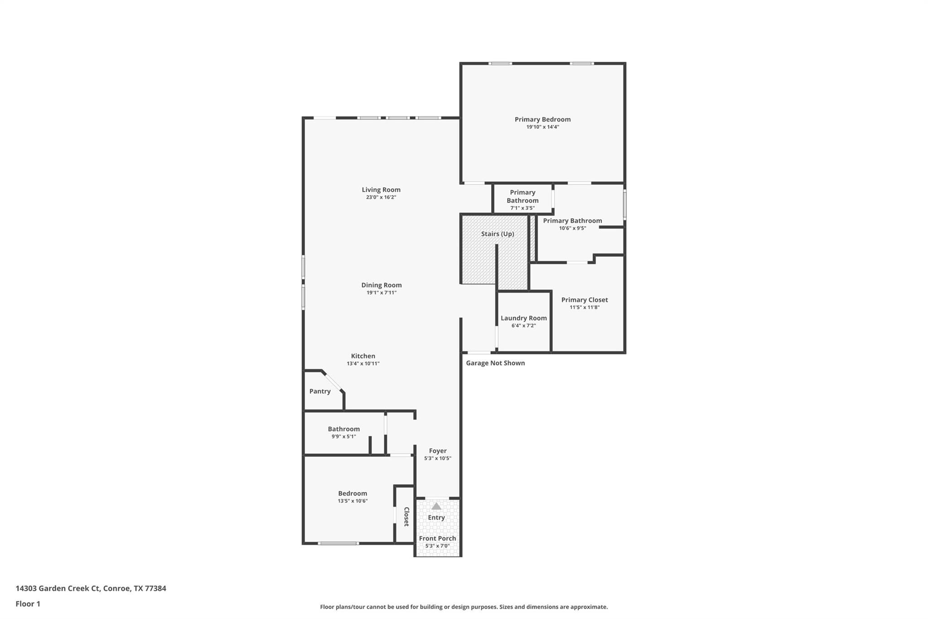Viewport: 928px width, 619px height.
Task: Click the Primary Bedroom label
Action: (542, 119)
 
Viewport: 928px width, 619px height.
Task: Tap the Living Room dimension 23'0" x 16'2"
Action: (381, 197)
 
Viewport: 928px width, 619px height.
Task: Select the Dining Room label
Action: (381, 285)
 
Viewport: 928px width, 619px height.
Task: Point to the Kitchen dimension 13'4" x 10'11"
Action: (363, 363)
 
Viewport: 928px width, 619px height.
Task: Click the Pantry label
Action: (319, 391)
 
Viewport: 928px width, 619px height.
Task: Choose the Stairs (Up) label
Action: (497, 234)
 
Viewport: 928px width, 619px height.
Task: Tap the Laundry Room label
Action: (523, 318)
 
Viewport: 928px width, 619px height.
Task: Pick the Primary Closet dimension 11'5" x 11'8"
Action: (585, 307)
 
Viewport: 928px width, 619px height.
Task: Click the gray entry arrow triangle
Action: (436, 506)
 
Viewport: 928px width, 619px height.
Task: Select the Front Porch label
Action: (437, 538)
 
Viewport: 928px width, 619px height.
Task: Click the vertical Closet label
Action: (406, 517)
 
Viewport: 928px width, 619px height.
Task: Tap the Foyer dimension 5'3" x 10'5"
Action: (437, 458)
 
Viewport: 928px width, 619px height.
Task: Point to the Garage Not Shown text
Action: (495, 363)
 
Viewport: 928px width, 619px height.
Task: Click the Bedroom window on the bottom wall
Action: (338, 543)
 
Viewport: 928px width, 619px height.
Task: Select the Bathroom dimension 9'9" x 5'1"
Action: (343, 436)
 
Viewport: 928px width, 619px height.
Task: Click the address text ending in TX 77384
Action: (91, 588)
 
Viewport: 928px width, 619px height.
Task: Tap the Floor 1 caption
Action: (28, 604)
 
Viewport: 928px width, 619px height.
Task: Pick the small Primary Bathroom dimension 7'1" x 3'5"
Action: (522, 208)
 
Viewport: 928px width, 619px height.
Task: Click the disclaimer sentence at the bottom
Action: (464, 607)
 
